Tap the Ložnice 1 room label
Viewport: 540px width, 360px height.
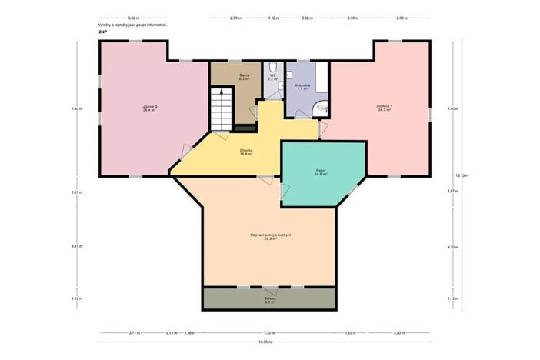pos(384,107)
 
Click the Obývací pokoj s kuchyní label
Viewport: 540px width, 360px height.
pos(269,236)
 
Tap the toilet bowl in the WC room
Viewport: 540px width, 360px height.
pos(273,65)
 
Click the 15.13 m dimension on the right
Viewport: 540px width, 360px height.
pos(461,175)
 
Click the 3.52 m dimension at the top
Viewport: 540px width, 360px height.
pos(133,17)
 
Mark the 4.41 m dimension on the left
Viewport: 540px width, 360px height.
pos(77,247)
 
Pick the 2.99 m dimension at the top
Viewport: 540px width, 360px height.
pos(401,17)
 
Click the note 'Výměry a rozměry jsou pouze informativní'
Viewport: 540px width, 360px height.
pos(132,25)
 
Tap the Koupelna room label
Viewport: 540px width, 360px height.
pos(302,86)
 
